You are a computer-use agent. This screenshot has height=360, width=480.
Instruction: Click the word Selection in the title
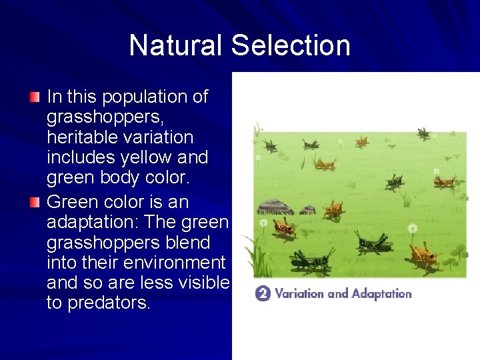(291, 45)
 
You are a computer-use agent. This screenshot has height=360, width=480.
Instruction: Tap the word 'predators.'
(99, 303)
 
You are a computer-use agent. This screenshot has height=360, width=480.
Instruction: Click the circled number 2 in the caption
(263, 293)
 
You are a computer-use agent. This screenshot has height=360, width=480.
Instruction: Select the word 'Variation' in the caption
(300, 293)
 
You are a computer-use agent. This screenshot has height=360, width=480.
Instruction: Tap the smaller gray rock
(307, 210)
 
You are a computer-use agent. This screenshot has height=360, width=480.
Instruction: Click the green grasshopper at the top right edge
(423, 133)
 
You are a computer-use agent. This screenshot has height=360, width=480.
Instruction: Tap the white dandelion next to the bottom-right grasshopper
(412, 229)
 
